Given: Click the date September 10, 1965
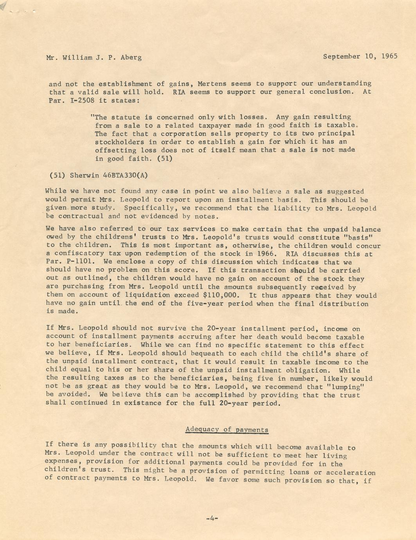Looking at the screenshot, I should coord(360,56).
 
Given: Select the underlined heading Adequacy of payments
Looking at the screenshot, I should coord(227,429).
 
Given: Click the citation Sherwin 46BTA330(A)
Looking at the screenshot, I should coord(109,175).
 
